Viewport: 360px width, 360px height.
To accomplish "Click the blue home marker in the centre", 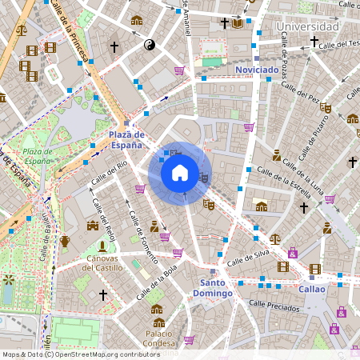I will click(180, 173).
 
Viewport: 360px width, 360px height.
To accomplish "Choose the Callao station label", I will click(312, 289).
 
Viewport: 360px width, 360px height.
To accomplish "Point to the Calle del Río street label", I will click(110, 173).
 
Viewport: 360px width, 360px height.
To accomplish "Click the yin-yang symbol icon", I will click(148, 46).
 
